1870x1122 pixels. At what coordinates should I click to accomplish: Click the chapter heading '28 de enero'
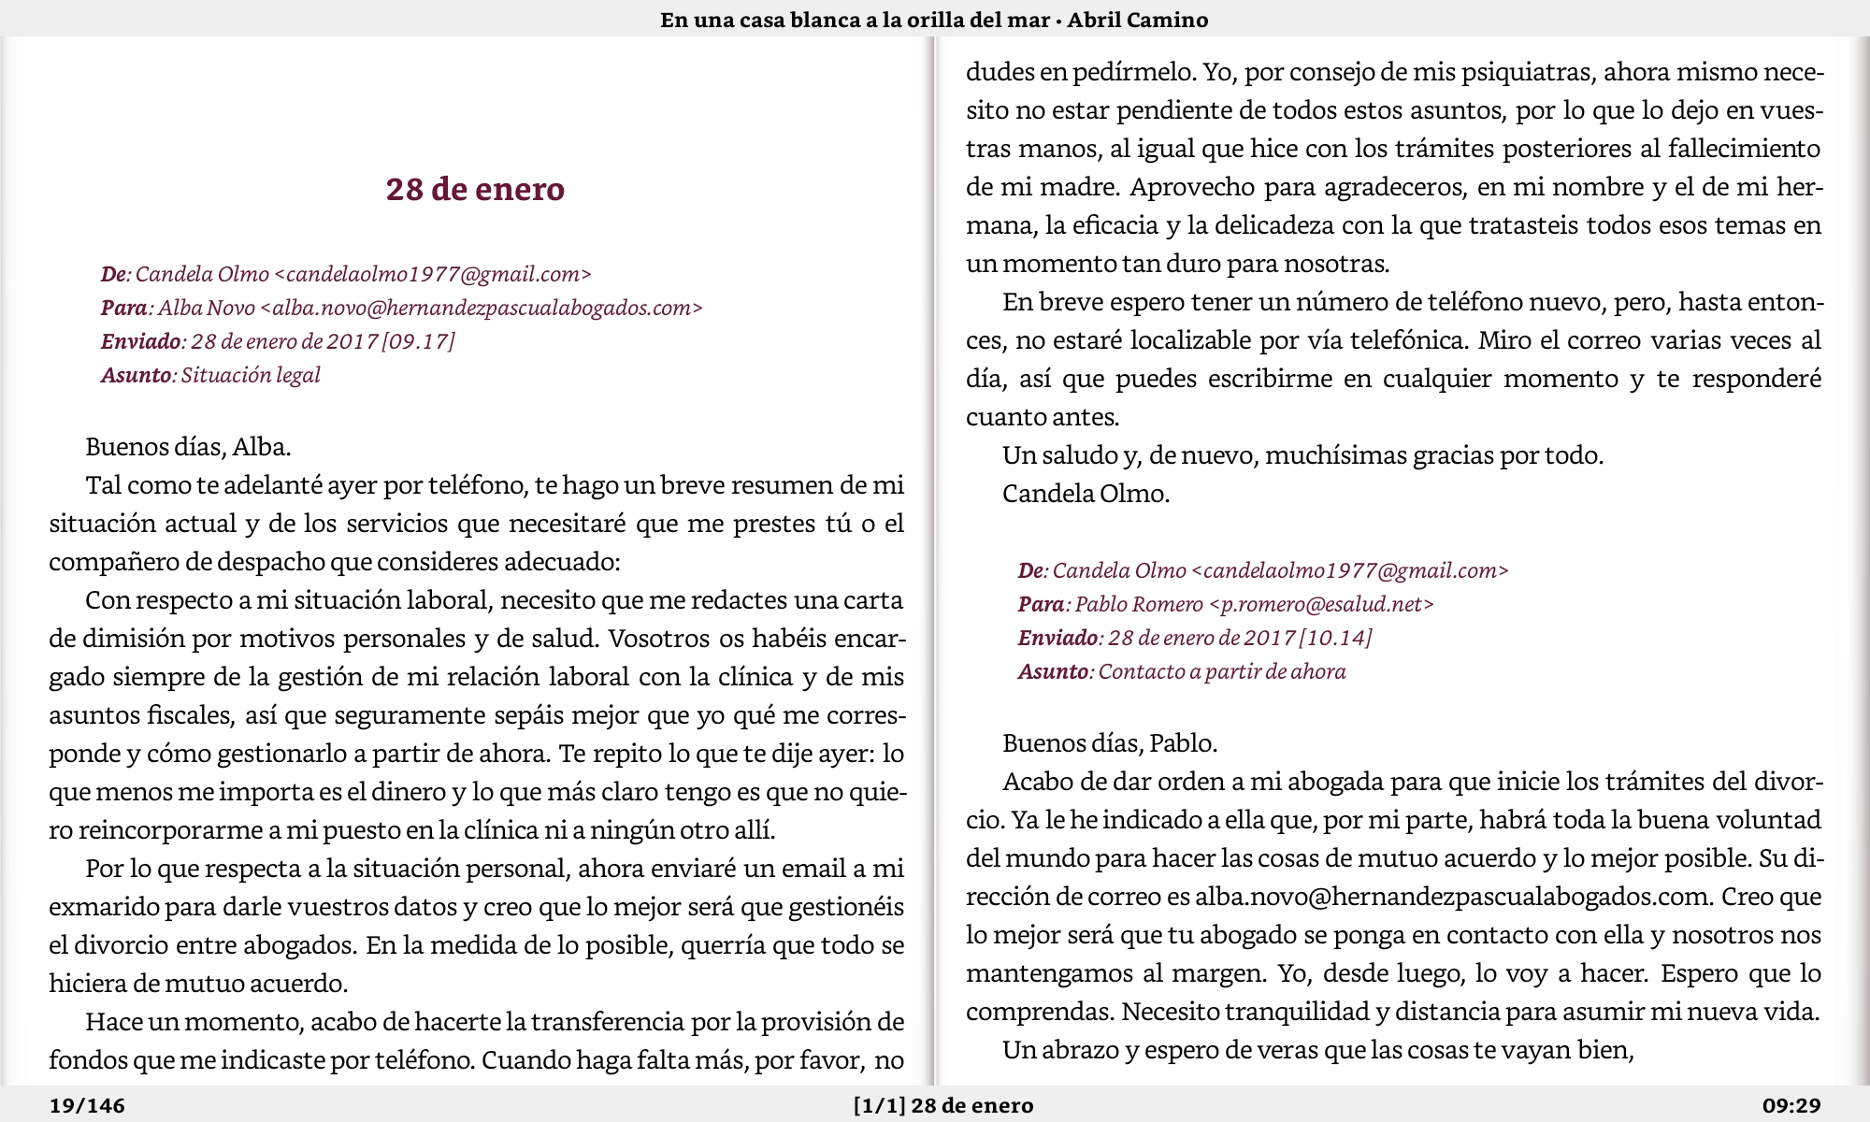475,189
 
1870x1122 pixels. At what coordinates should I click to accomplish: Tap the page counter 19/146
87,1106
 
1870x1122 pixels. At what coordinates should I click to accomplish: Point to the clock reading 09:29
1791,1106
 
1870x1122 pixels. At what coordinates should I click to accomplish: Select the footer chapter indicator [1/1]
879,1106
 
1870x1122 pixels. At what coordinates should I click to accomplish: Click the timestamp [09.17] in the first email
418,341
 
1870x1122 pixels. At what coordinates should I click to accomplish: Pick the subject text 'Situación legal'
251,375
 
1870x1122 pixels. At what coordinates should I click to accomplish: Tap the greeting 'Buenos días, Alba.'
188,447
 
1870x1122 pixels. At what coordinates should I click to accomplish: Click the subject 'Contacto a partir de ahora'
1221,671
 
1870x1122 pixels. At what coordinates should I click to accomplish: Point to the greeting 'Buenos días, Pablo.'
1110,743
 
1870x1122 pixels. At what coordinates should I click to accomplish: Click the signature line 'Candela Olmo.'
1086,494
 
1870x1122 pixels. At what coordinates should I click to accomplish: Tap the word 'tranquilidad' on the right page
1300,1012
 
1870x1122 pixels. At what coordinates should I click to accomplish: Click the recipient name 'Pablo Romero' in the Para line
1139,604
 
